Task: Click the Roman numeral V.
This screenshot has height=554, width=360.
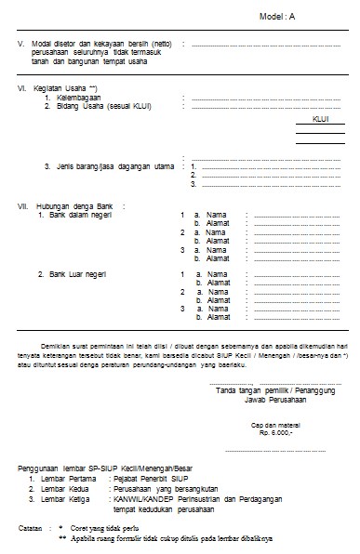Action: point(20,44)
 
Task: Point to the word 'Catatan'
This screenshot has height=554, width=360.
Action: point(34,527)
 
